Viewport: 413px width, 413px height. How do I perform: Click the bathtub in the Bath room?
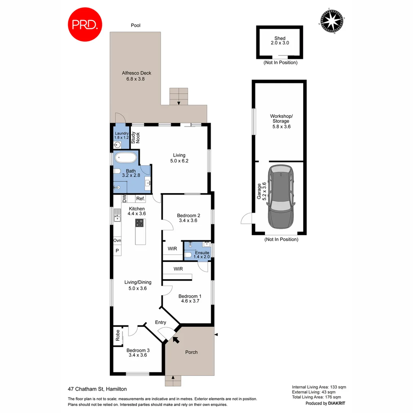point(125,158)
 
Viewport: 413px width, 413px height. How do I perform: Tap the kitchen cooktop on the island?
point(140,223)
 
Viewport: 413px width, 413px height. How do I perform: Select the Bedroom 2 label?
point(189,218)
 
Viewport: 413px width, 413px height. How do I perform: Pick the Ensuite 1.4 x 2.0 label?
point(202,255)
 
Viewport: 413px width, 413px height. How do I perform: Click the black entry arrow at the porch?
point(176,339)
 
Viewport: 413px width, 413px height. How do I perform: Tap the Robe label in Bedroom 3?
point(118,336)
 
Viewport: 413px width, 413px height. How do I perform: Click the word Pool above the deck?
point(136,26)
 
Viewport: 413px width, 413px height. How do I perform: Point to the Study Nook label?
point(136,138)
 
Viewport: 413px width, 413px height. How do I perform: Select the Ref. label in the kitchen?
point(140,199)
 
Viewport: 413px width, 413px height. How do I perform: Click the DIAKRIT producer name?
point(337,403)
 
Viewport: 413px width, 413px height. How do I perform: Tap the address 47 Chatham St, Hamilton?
point(97,389)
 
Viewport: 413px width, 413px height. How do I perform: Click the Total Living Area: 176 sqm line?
point(319,397)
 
